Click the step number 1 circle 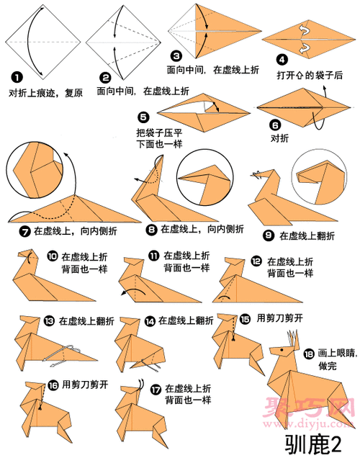15,76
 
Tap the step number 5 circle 143,117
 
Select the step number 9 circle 268,235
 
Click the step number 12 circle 256,261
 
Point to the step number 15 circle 246,318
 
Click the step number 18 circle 309,354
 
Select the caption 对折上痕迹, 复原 42,92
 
